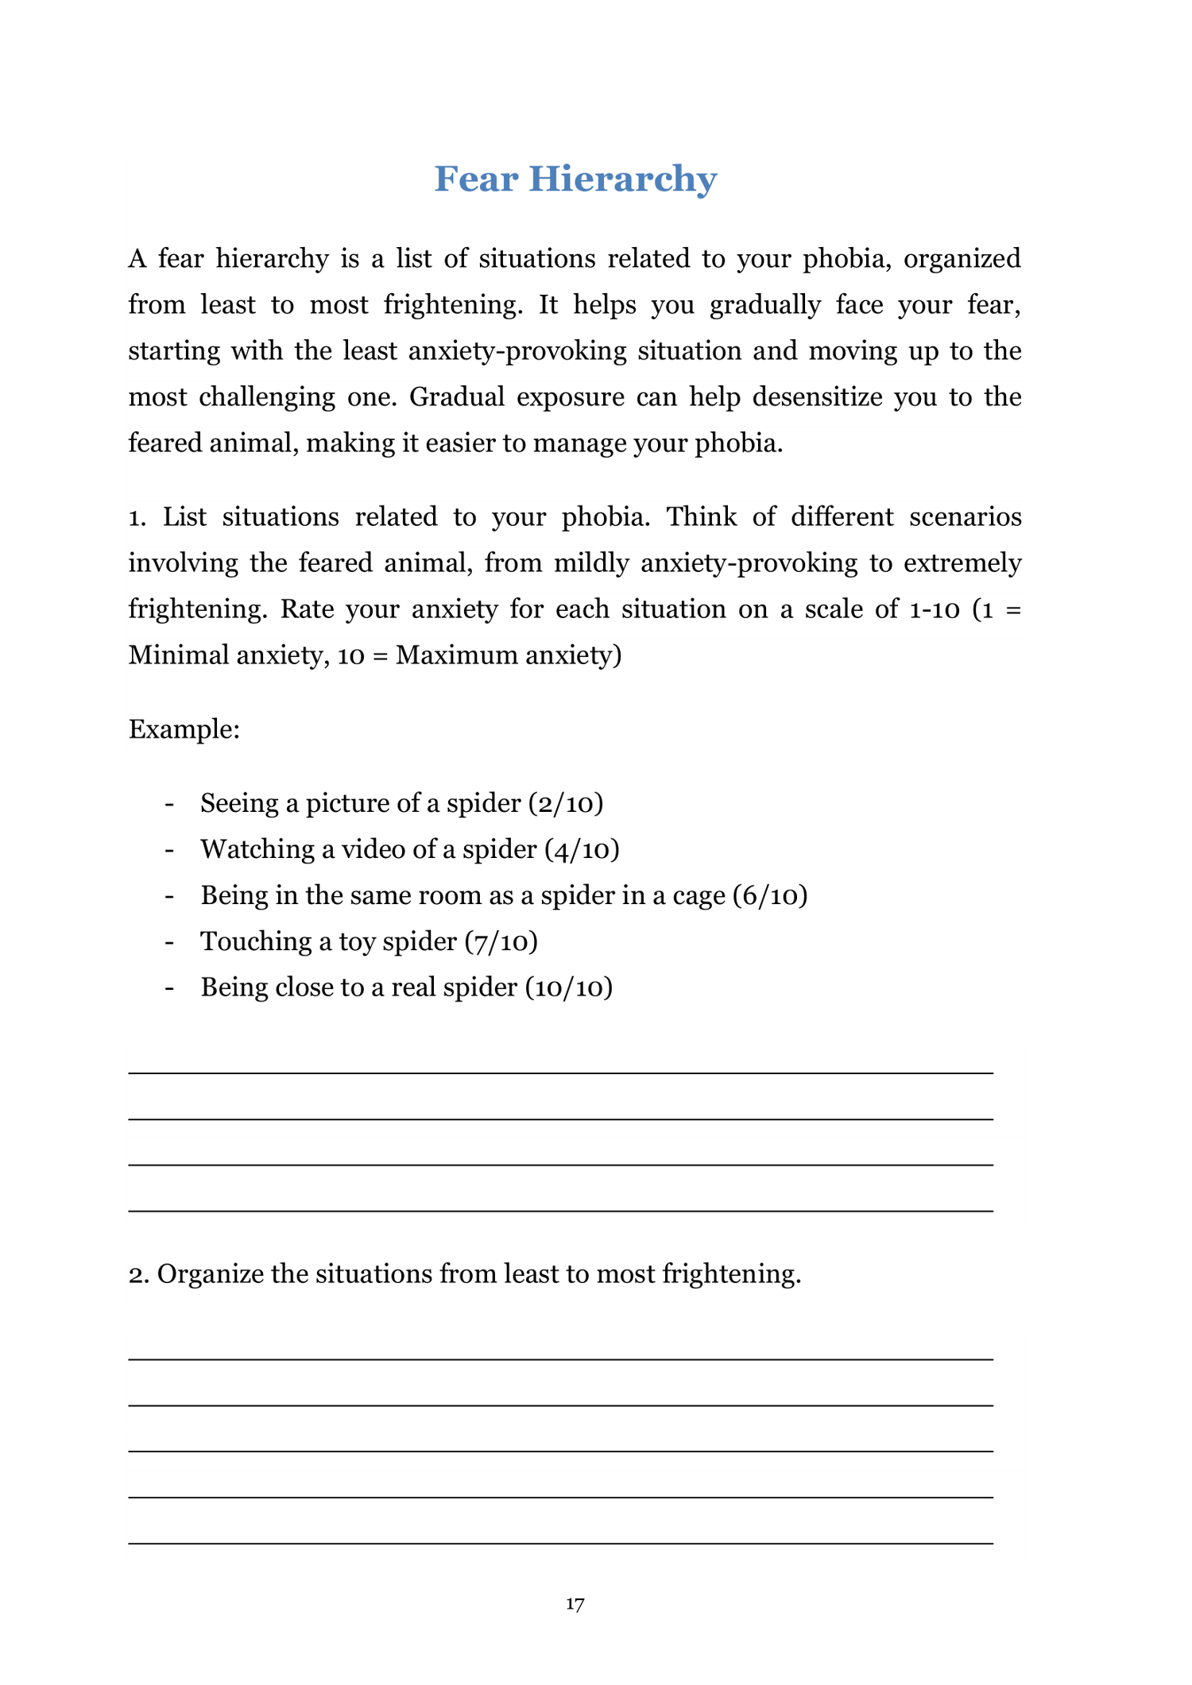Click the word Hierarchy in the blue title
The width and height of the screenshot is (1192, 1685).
pos(622,179)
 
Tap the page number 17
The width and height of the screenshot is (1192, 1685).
pos(575,1604)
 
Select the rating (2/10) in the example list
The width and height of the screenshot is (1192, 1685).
pos(566,803)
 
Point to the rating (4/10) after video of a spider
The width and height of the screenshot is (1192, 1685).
pos(582,849)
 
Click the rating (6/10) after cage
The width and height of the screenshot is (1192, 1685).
pos(770,895)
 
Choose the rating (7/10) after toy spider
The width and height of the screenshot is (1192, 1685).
pos(501,941)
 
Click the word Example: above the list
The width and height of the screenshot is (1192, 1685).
pos(184,729)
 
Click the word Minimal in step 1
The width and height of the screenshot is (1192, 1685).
pos(179,655)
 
